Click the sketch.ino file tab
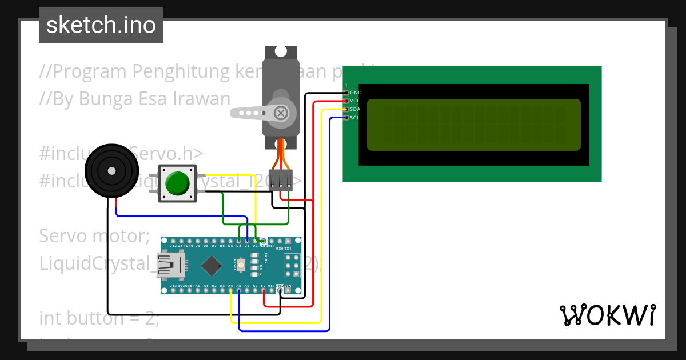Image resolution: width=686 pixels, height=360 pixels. point(101,25)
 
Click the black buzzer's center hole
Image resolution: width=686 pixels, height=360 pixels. point(111,170)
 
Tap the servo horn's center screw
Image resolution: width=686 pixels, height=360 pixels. point(281,113)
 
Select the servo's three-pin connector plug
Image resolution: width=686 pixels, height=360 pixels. point(280,180)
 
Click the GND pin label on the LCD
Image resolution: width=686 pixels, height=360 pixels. point(356,93)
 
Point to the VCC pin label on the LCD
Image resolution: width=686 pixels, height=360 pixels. point(356,101)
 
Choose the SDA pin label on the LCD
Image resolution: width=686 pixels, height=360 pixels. point(356,109)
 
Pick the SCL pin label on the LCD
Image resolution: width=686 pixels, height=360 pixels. point(355,118)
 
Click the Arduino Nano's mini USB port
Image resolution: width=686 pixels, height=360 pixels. point(173,265)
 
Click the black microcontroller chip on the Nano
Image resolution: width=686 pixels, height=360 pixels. point(212,265)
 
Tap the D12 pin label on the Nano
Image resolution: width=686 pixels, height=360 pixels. point(173,246)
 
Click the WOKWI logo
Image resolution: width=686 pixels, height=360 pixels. point(607,315)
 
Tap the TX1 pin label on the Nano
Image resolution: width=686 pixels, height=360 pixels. point(288,249)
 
